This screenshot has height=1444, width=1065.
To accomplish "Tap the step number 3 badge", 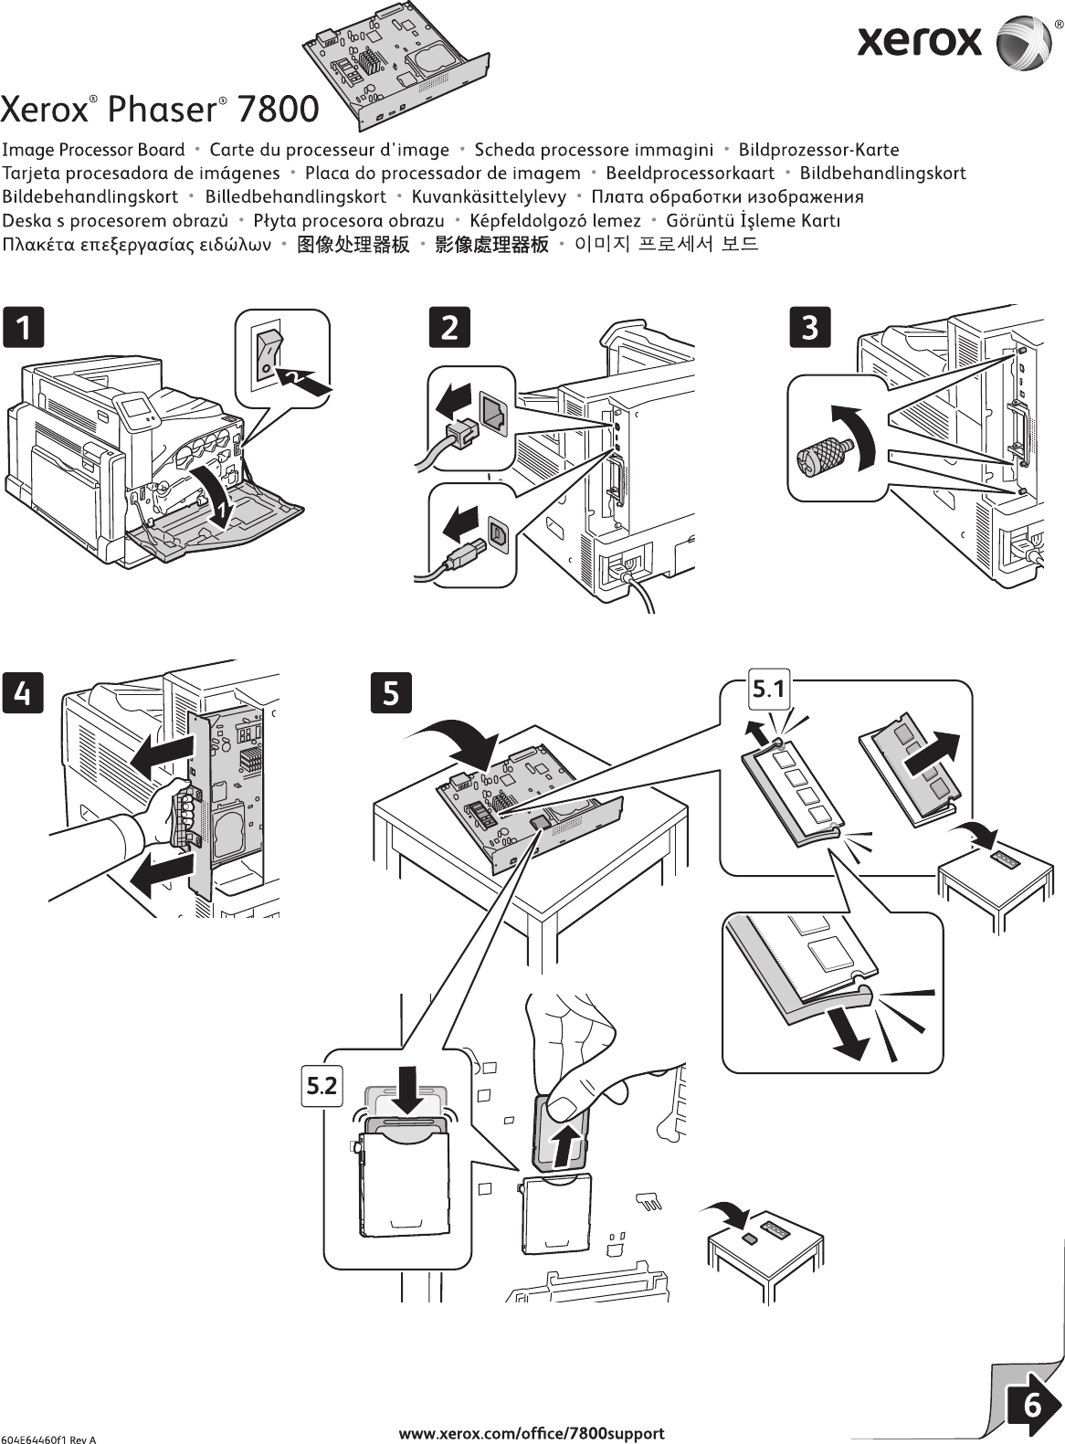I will tap(809, 327).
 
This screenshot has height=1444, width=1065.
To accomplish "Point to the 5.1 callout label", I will tap(768, 690).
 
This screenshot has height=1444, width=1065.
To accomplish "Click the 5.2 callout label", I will tap(321, 1085).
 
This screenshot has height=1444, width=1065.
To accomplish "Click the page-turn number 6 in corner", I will tap(1031, 1405).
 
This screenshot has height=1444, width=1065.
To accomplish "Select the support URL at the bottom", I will tap(532, 1433).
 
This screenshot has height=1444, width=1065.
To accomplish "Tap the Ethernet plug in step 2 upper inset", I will tap(457, 430).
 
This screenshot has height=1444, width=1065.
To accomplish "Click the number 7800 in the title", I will tap(278, 110).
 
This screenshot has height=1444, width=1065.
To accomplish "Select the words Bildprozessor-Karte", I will tap(818, 150).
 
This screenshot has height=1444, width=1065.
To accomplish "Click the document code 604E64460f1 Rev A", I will tap(49, 1439).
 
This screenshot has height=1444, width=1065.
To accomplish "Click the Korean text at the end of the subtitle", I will tap(666, 245).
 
